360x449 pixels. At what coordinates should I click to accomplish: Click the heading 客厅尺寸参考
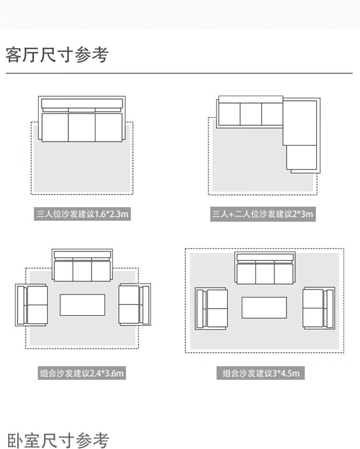click(57, 55)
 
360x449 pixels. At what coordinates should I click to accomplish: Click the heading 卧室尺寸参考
click(58, 440)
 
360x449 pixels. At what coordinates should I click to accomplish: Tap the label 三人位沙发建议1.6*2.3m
click(83, 214)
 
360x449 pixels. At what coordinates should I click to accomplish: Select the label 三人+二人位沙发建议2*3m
click(263, 214)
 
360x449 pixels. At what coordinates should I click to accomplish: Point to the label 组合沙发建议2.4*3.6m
click(82, 373)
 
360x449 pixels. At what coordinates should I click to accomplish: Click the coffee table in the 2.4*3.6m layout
click(82, 305)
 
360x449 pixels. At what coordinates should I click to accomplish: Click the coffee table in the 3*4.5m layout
click(264, 307)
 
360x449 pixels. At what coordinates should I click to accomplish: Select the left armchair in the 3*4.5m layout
click(211, 308)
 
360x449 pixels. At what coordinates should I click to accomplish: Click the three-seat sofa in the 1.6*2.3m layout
click(82, 120)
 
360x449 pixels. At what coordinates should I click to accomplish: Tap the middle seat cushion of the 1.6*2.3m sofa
click(82, 127)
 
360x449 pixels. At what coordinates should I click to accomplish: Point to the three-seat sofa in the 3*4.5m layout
click(264, 269)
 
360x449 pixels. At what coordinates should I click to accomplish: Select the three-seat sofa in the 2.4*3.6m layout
click(82, 265)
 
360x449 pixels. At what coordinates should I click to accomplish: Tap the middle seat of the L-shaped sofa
click(251, 115)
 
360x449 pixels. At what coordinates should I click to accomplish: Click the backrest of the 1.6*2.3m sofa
click(82, 104)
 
